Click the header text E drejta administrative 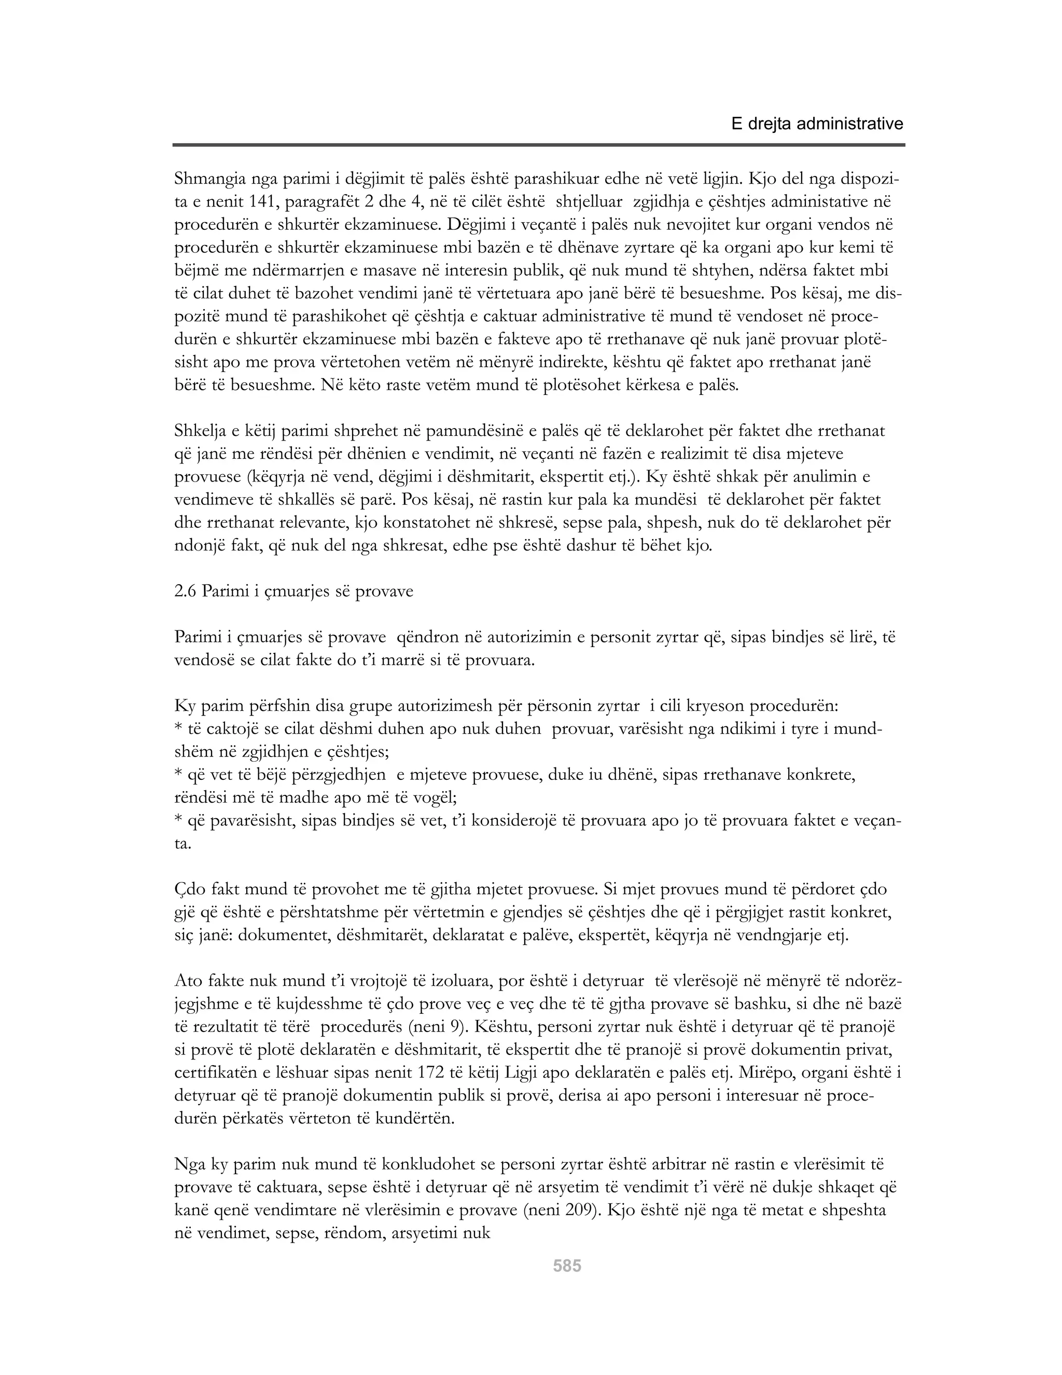click(817, 124)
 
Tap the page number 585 click(567, 1266)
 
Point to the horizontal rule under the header click(539, 145)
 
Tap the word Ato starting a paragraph click(188, 982)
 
